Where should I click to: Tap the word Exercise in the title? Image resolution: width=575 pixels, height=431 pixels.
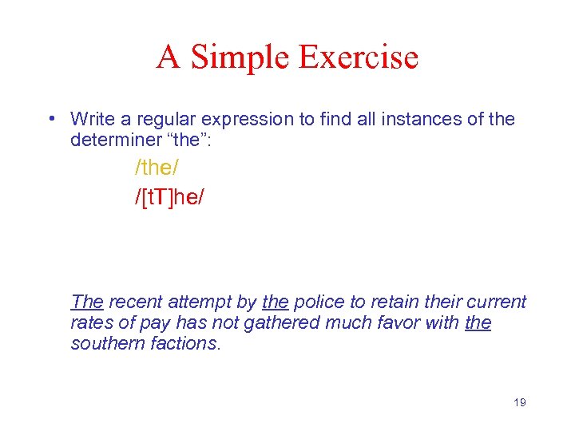[x=359, y=57]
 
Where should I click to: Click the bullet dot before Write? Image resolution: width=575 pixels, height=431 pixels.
[x=50, y=120]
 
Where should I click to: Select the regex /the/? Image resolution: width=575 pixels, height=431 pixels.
[x=158, y=168]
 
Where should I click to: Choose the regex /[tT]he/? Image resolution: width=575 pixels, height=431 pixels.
[x=169, y=196]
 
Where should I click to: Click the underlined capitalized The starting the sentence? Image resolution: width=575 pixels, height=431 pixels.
[x=87, y=302]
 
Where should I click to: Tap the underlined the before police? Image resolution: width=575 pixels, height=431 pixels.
[x=275, y=302]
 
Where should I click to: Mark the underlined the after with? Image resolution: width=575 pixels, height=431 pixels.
[x=478, y=322]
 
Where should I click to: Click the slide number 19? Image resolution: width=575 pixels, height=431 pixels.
[x=519, y=402]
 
